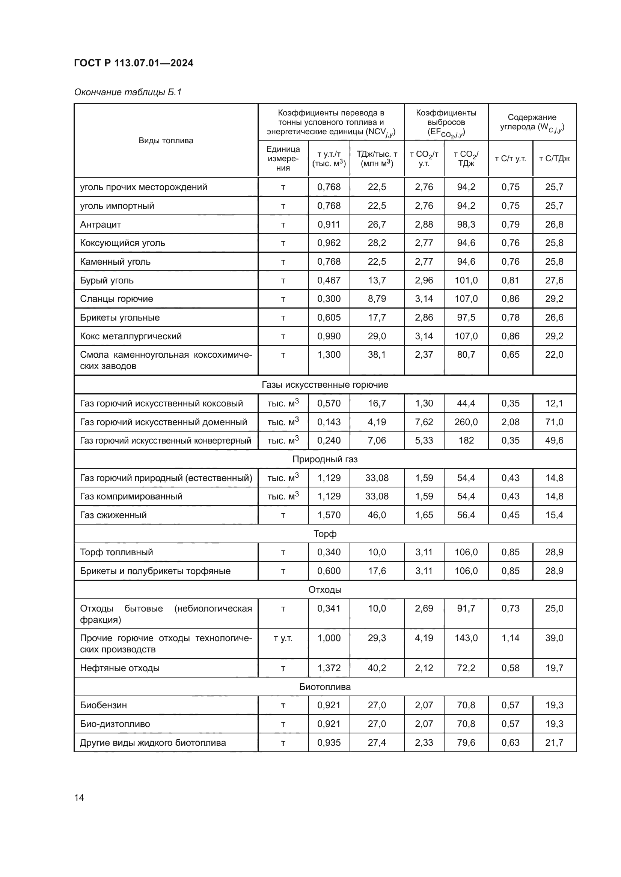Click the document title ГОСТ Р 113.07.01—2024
tap(133, 63)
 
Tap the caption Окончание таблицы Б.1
tap(128, 92)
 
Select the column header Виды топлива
tap(166, 141)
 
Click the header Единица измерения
tap(283, 159)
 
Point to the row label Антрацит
tap(101, 225)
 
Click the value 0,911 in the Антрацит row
tap(329, 225)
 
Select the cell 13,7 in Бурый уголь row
tap(377, 280)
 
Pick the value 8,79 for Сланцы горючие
tap(377, 299)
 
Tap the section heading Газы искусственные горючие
tap(325, 385)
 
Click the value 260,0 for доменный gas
tap(466, 422)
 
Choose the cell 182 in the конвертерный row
tap(466, 441)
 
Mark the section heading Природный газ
tap(325, 459)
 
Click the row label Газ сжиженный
tap(113, 515)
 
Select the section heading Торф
tap(325, 534)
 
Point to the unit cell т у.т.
tap(283, 638)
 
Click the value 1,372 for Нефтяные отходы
tap(329, 668)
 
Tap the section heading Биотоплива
tap(325, 687)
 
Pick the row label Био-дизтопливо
tap(115, 724)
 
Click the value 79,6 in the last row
tap(466, 742)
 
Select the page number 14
tap(79, 798)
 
